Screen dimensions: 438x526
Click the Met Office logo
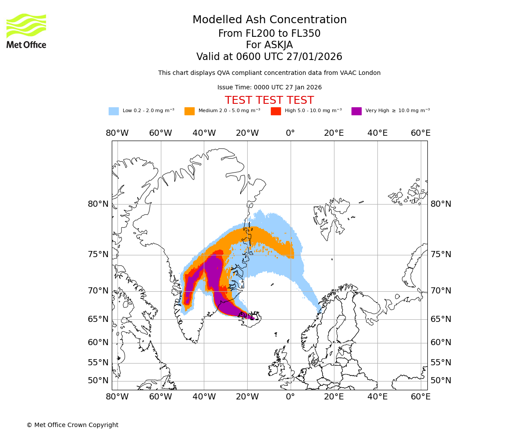point(26,31)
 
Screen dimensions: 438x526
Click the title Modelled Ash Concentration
point(269,20)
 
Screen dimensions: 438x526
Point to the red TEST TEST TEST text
point(269,100)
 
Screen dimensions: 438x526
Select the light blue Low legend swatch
point(114,111)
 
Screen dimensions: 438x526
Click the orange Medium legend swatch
point(189,111)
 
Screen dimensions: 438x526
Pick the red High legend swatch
point(276,111)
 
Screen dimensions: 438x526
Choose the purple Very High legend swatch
point(356,111)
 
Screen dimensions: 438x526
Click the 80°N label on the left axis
point(98,204)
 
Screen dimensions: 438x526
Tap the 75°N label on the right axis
point(441,254)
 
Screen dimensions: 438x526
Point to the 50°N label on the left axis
point(98,381)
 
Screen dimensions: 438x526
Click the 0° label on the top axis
point(290,133)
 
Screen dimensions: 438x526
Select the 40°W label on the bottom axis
point(204,397)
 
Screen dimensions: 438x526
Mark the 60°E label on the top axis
point(420,133)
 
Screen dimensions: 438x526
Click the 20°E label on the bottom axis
point(334,397)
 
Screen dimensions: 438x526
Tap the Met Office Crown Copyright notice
point(72,425)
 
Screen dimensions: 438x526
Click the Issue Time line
point(269,88)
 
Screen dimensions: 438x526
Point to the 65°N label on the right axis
point(441,319)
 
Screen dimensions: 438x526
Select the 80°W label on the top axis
point(117,133)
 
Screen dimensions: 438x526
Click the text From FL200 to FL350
point(269,34)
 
